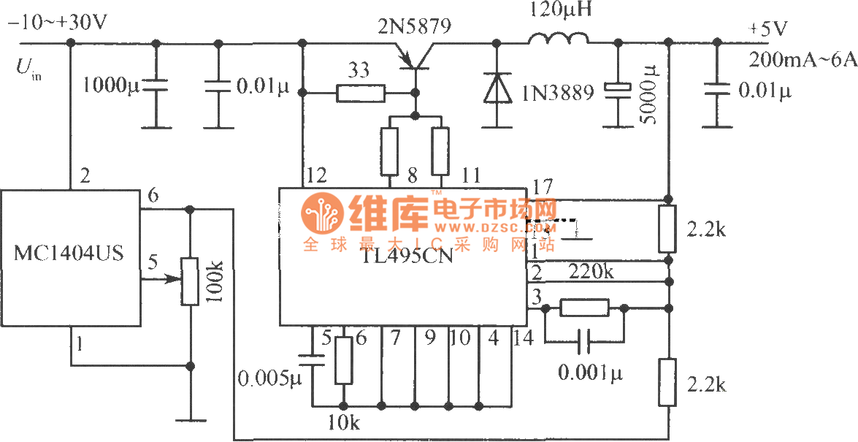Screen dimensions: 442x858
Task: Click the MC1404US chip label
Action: [69, 254]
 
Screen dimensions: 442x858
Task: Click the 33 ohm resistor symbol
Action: [361, 93]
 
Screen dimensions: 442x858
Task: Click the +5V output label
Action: [769, 30]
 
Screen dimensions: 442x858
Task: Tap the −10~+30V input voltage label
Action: [58, 22]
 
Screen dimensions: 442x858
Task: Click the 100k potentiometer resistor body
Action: [190, 281]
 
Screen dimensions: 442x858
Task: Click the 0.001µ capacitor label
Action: [591, 373]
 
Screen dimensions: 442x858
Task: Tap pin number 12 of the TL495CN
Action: [317, 176]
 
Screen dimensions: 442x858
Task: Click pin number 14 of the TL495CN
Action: [524, 338]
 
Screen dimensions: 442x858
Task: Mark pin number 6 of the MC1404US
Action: [153, 195]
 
